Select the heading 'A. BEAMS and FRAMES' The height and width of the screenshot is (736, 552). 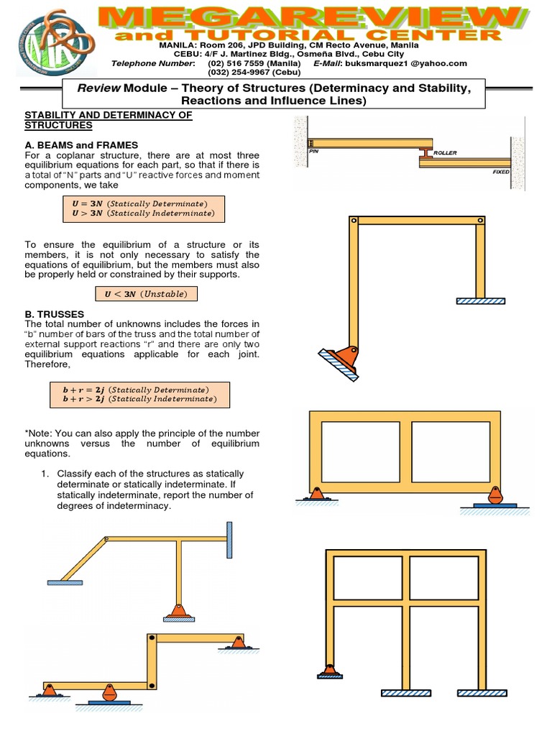pyautogui.click(x=81, y=145)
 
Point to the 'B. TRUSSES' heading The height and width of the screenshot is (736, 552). pyautogui.click(x=54, y=314)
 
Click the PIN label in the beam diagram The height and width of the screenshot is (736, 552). pyautogui.click(x=313, y=152)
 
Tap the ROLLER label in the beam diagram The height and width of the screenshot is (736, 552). pyautogui.click(x=445, y=153)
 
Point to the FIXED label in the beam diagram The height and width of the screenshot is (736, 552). pyautogui.click(x=501, y=172)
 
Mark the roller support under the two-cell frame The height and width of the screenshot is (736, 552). pyautogui.click(x=494, y=497)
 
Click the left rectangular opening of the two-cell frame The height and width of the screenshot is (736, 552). pyautogui.click(x=360, y=451)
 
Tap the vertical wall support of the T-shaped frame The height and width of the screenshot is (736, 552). pyautogui.click(x=229, y=540)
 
